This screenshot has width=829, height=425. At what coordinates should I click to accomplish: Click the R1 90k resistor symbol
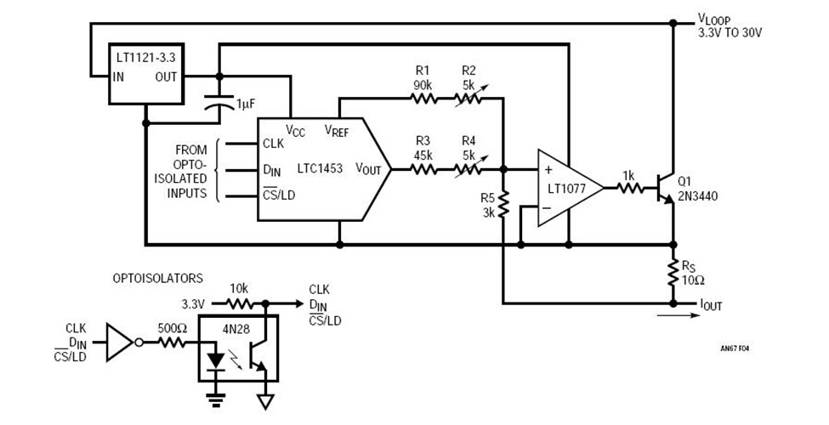(423, 98)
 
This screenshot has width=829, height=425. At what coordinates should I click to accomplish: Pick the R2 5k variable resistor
(469, 98)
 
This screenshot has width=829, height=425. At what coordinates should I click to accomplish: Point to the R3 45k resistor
(423, 169)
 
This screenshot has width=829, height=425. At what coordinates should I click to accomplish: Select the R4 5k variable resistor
(469, 169)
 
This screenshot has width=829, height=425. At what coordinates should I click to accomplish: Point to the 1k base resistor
(628, 188)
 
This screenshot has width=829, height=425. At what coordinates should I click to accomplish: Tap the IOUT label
(711, 304)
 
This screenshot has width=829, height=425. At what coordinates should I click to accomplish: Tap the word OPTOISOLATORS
(158, 278)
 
